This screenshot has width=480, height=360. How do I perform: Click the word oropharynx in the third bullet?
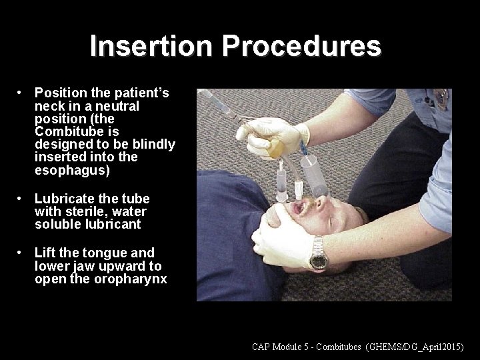click(x=130, y=279)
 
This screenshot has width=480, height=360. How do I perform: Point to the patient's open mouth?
click(x=295, y=209)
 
